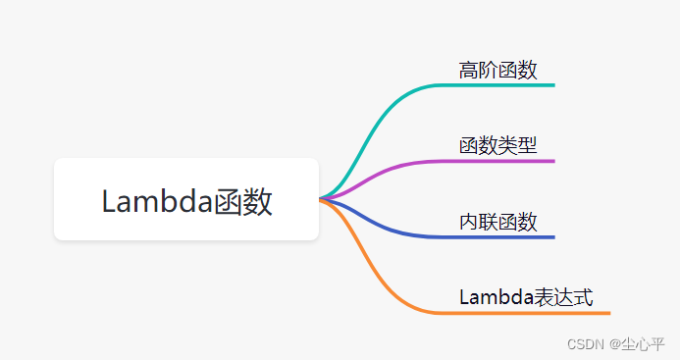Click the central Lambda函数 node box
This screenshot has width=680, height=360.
point(186,199)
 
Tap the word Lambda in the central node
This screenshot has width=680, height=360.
point(157,201)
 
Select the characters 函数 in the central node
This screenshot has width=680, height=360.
point(243,201)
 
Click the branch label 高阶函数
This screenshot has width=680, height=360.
point(497,70)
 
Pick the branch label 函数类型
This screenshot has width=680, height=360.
point(497,145)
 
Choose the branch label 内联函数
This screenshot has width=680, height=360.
point(497,222)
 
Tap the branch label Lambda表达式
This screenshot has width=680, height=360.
point(526,297)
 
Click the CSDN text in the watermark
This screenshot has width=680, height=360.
point(586,344)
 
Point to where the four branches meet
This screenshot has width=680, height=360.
point(322,199)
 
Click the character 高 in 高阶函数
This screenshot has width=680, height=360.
point(468,70)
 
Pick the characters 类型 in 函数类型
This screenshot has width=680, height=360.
point(517,145)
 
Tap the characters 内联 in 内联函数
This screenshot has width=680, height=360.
point(478,222)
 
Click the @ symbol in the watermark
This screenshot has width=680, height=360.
point(613,344)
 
